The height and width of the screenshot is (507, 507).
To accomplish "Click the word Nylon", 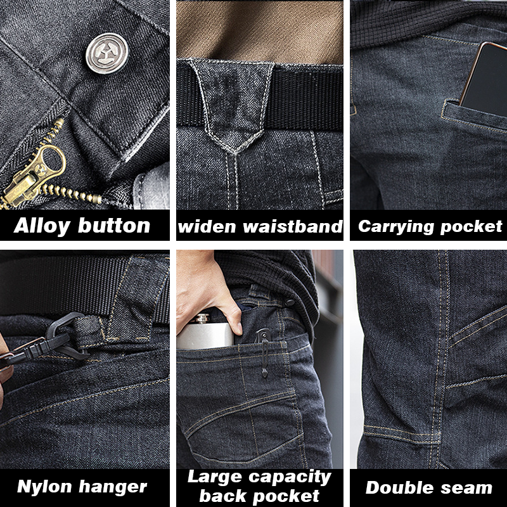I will [x=45, y=487].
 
